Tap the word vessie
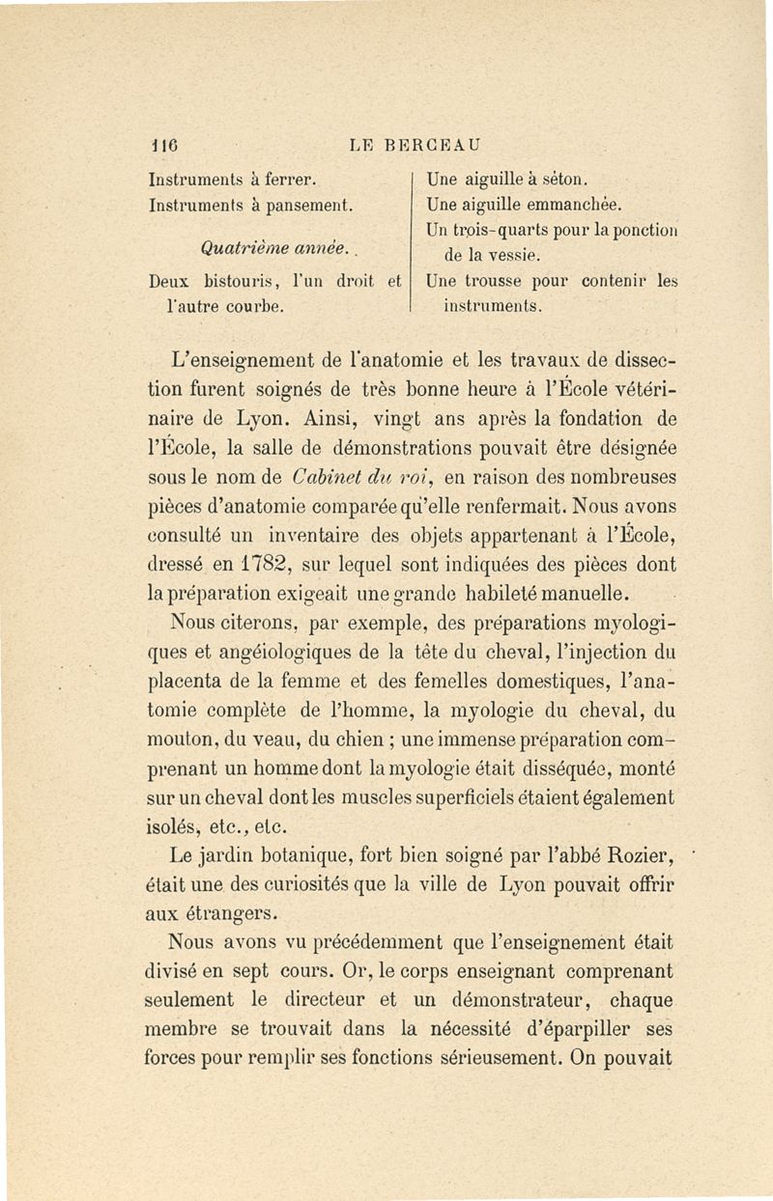pos(502,257)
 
